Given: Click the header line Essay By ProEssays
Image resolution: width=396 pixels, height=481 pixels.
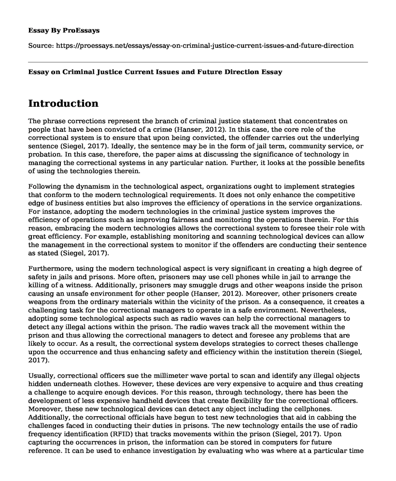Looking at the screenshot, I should click(x=64, y=30).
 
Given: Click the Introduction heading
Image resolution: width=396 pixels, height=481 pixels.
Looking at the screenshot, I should click(x=64, y=103).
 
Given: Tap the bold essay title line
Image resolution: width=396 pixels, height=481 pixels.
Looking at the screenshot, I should click(x=155, y=72).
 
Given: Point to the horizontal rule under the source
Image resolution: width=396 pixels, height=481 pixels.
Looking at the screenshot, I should click(x=198, y=62).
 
